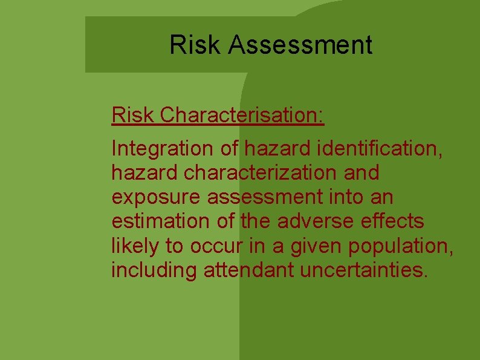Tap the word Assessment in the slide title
click(300, 45)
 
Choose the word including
click(154, 270)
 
